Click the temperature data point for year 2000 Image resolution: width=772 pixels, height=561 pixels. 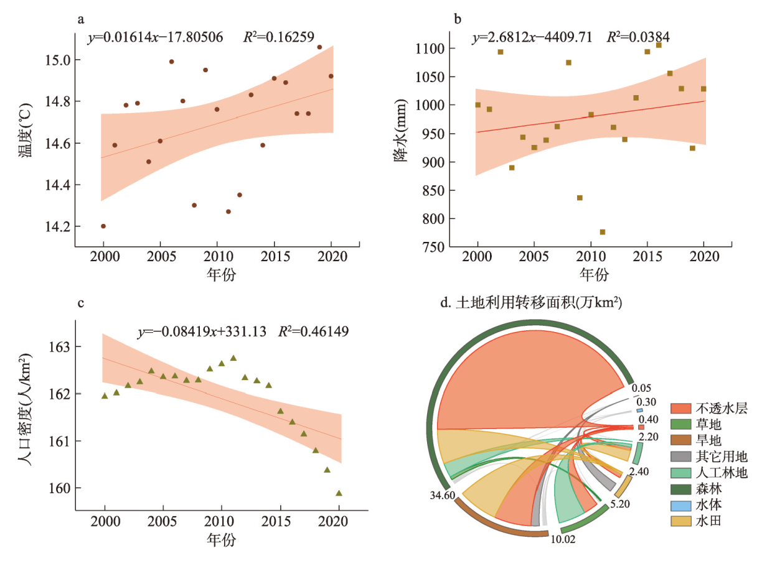click(x=103, y=226)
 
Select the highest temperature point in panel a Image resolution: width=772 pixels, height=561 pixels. click(x=319, y=47)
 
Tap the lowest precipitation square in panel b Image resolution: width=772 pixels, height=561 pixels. click(x=602, y=232)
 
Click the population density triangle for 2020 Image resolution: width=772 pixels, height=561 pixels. click(x=339, y=493)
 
